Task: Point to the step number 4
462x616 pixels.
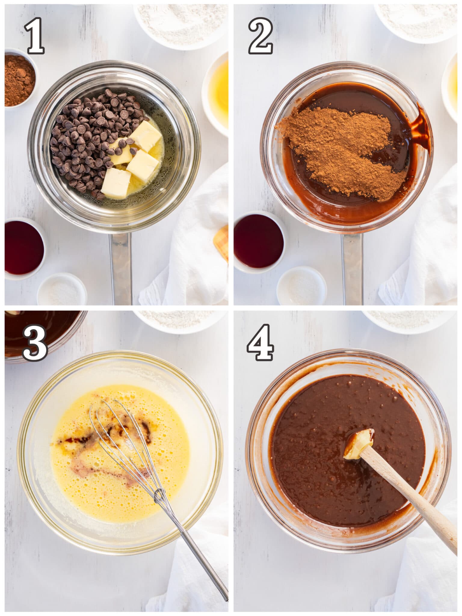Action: click(260, 343)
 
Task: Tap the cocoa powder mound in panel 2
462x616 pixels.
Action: click(340, 150)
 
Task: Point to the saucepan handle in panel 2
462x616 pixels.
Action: click(352, 268)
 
